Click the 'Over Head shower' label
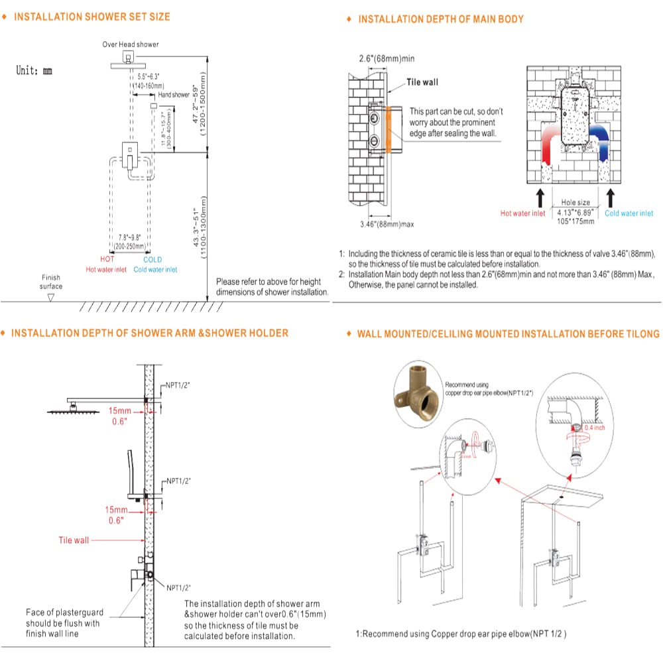tap(130, 44)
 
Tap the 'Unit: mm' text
tap(34, 70)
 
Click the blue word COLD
tap(152, 260)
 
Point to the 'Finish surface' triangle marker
tap(50, 298)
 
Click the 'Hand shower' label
tap(173, 95)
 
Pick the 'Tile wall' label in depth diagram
tap(422, 83)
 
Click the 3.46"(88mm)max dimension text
tap(387, 224)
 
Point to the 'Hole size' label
tap(575, 202)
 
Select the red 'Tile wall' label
tap(73, 540)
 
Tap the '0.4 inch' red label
tap(593, 428)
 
